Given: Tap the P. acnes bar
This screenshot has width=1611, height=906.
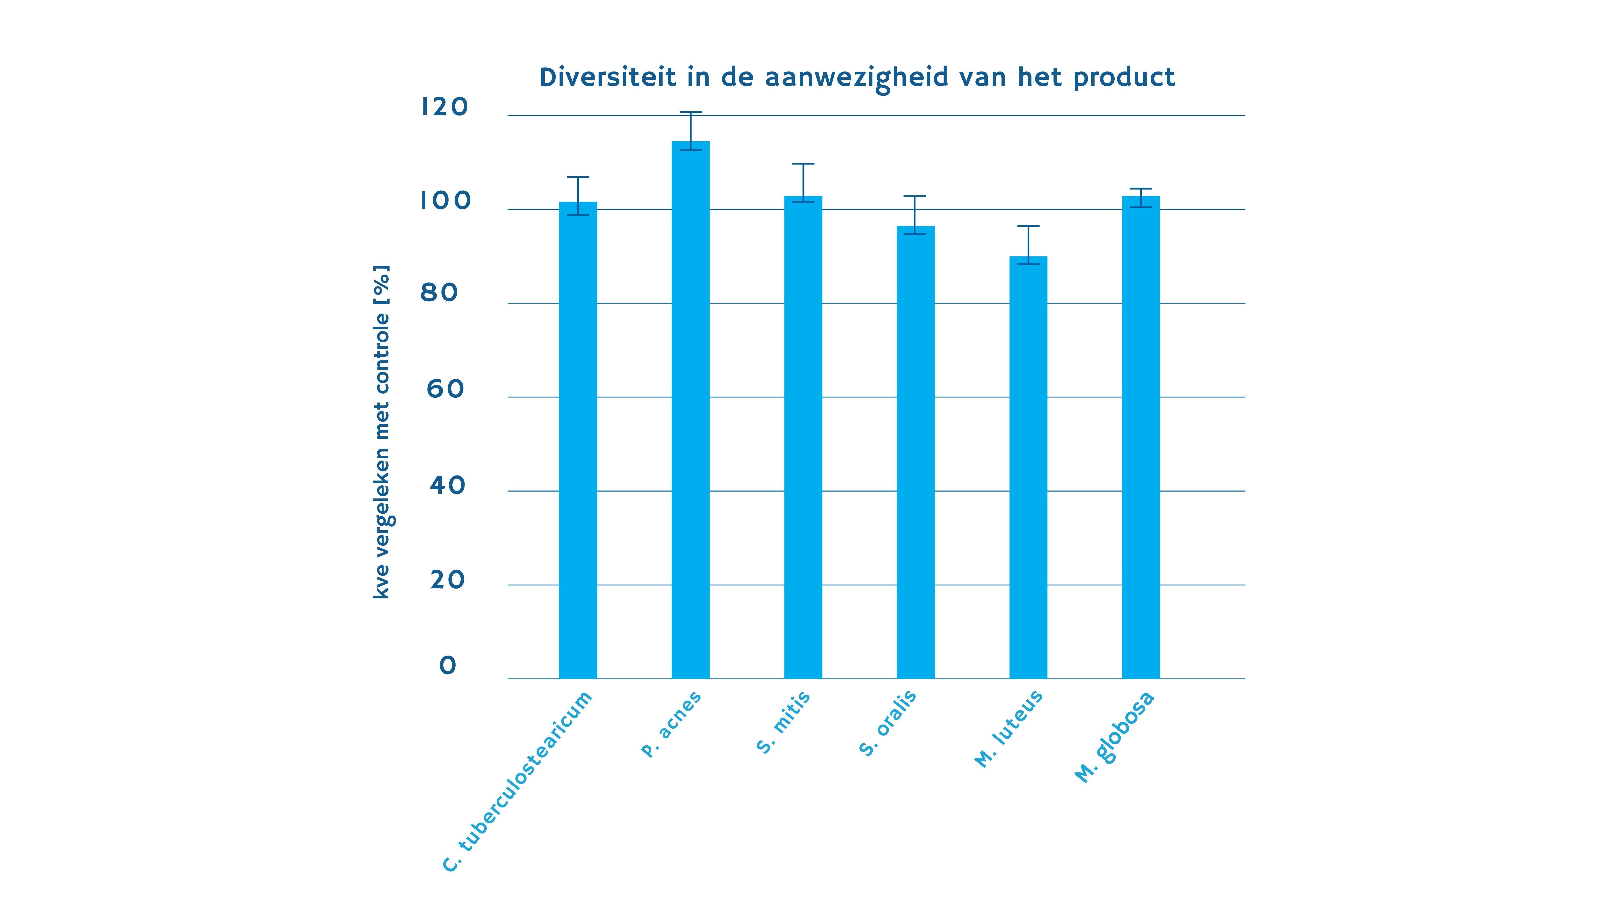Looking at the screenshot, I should tap(690, 410).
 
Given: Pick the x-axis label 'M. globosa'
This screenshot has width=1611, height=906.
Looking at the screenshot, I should tap(1114, 738).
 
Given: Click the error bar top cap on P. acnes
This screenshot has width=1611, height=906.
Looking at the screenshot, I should tap(690, 113).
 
